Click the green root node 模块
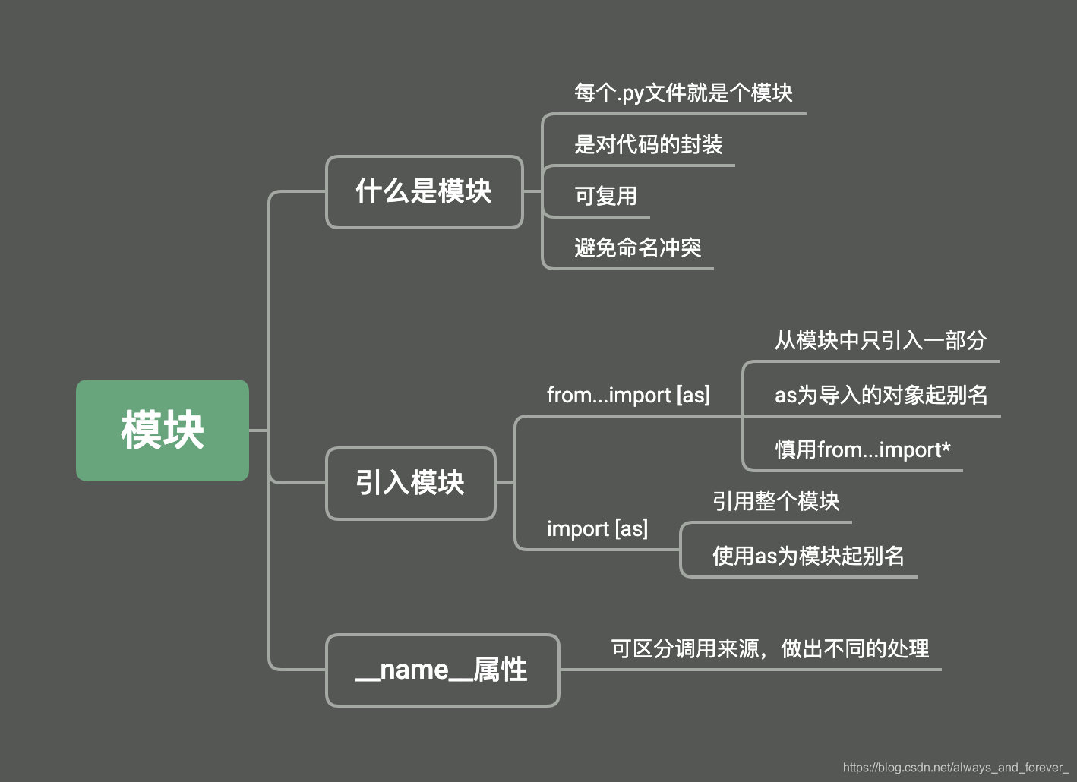(x=163, y=430)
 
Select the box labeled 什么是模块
(x=424, y=191)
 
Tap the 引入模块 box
(x=410, y=483)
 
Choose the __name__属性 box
(x=442, y=670)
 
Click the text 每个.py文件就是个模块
(x=683, y=93)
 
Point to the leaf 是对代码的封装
(x=648, y=144)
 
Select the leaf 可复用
(x=605, y=196)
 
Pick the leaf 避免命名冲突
(x=637, y=248)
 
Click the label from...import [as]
(x=628, y=395)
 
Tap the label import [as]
(x=597, y=528)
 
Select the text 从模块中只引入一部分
(x=880, y=340)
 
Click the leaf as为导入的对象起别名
(x=881, y=395)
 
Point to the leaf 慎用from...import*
(x=862, y=449)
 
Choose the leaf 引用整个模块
(x=775, y=501)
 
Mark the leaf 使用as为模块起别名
(x=808, y=556)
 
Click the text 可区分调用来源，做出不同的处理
(x=769, y=648)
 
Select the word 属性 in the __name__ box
(x=500, y=670)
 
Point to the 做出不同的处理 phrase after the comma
(x=854, y=648)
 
